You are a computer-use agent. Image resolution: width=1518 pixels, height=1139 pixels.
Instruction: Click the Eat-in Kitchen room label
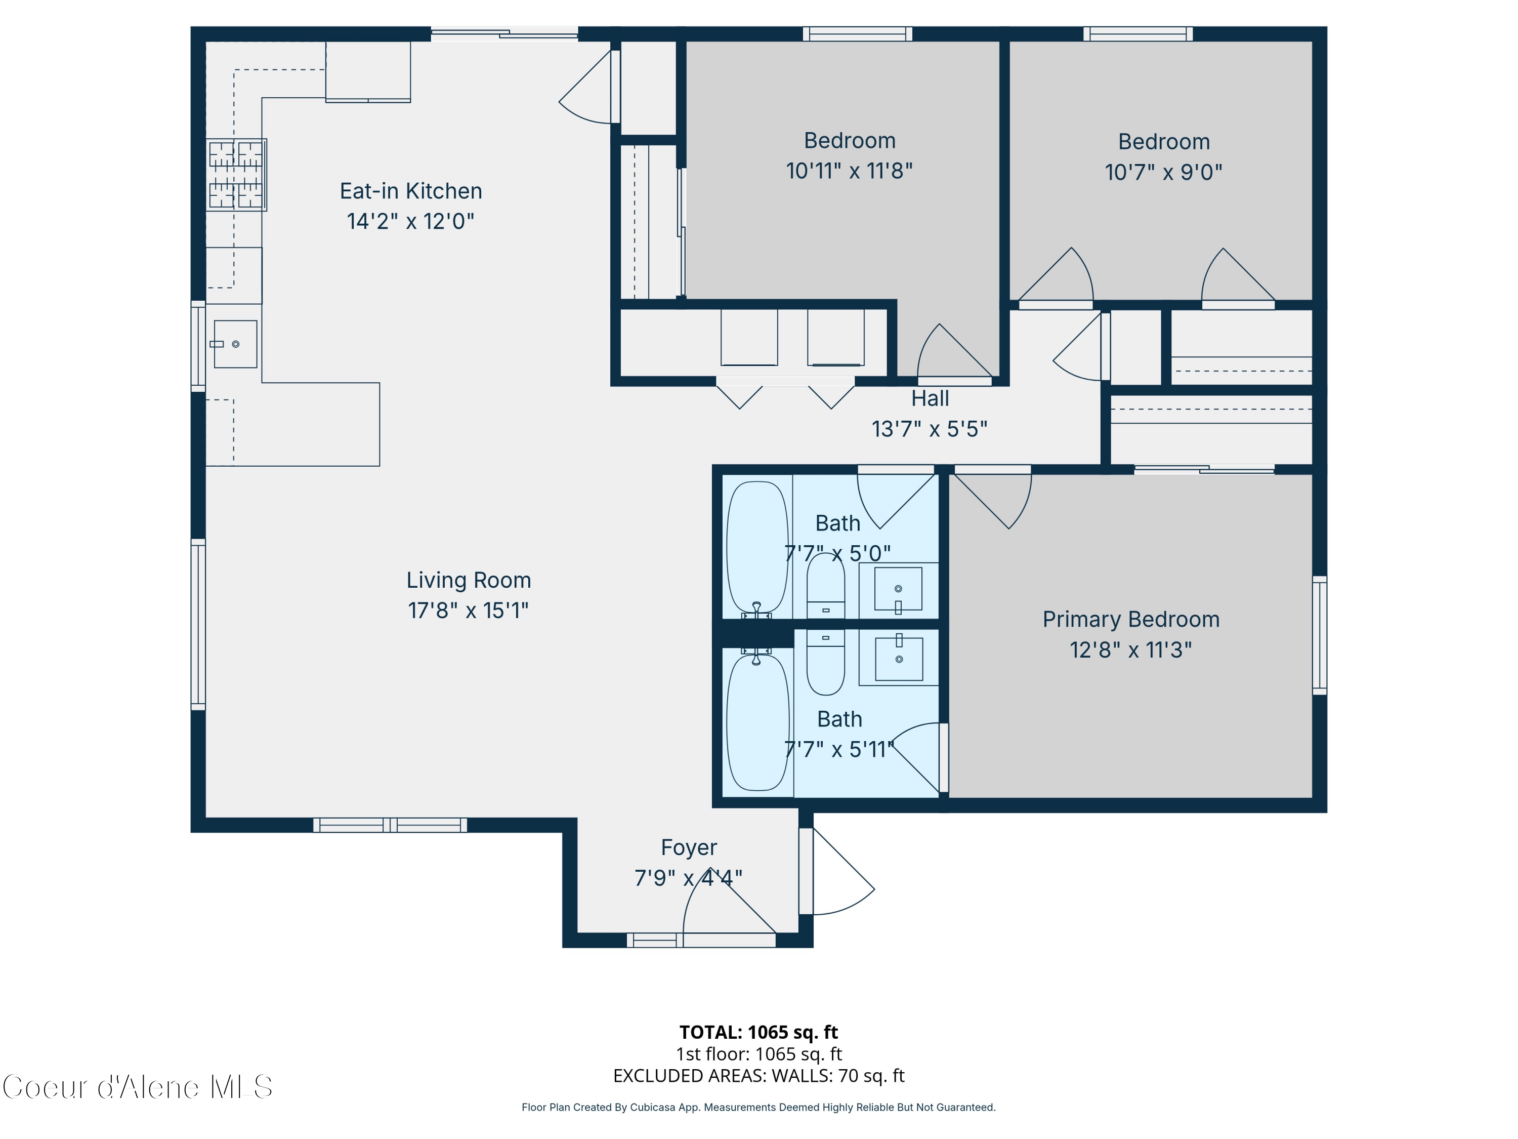click(410, 191)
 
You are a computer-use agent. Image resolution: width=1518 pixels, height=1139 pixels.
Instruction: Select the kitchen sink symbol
click(235, 344)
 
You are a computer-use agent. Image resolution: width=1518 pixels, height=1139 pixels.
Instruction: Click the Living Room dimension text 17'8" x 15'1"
click(468, 611)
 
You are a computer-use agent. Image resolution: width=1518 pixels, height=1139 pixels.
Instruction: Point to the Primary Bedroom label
click(1130, 619)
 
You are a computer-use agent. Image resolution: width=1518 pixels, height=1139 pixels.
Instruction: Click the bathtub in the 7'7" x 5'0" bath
click(757, 547)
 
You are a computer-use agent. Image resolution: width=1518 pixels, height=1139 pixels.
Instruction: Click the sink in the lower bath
click(898, 659)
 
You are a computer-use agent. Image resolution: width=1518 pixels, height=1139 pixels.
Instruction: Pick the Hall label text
click(930, 398)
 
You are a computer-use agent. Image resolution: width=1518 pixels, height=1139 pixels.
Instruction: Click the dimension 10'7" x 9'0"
click(1163, 172)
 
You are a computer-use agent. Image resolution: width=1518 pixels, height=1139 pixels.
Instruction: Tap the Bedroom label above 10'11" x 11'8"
click(850, 141)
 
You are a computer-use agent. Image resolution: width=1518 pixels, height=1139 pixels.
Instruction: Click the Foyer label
click(688, 847)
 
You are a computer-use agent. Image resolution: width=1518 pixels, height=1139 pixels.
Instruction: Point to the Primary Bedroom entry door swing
click(995, 501)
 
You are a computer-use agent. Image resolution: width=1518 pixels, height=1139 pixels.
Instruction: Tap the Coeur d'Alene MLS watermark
click(137, 1087)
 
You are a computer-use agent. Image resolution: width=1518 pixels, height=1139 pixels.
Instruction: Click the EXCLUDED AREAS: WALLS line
click(758, 1076)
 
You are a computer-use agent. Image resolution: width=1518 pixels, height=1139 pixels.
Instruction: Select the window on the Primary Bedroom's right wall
click(1319, 635)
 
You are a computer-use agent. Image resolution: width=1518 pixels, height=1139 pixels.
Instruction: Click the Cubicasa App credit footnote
click(758, 1108)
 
